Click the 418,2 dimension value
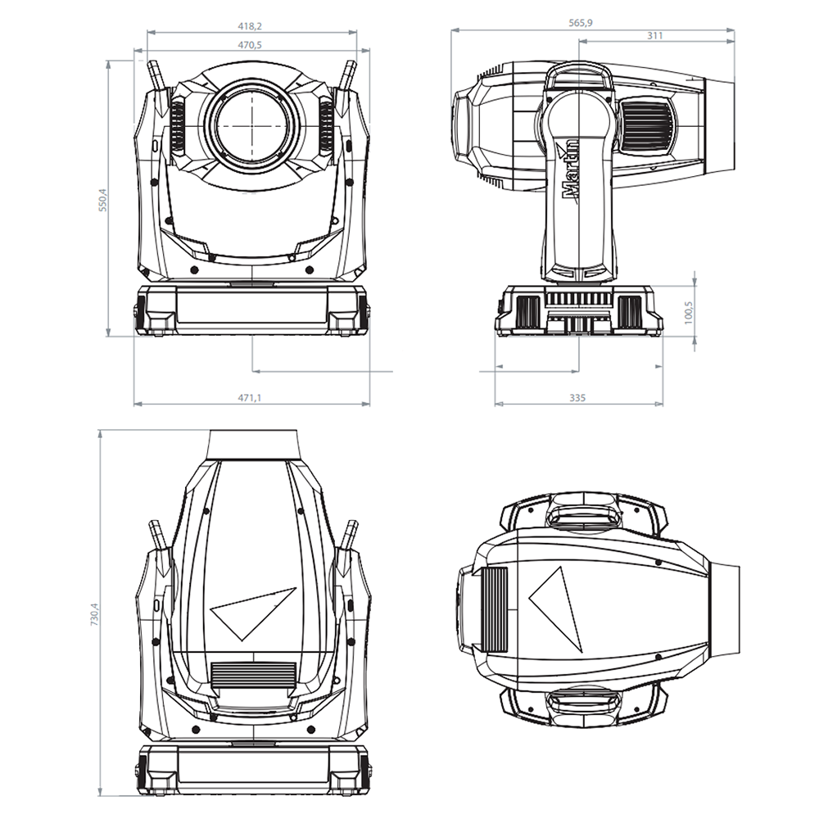[252, 25]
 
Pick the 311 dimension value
[654, 35]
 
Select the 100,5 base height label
[688, 310]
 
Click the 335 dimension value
[577, 397]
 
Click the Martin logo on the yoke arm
[570, 171]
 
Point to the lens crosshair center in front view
[252, 125]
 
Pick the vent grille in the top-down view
[493, 609]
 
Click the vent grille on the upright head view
[253, 675]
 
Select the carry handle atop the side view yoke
[579, 75]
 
